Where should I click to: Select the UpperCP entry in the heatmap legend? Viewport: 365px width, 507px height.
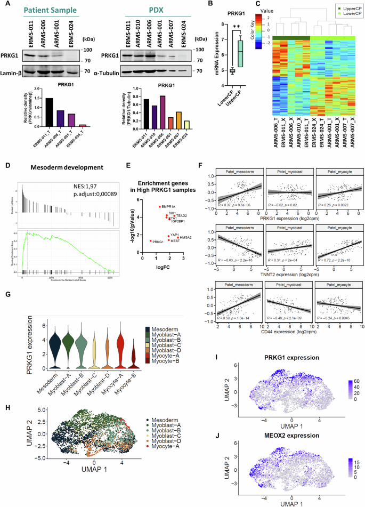(342, 7)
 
